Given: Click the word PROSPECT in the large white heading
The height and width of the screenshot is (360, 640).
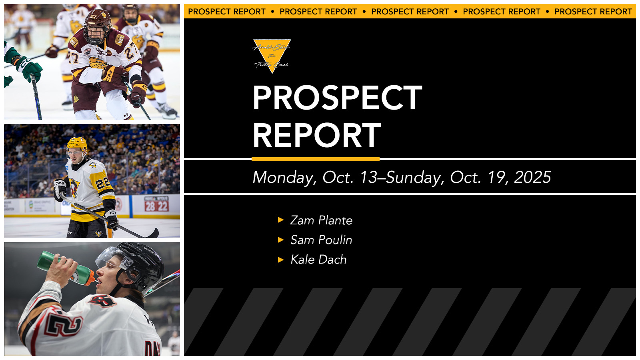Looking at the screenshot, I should click(337, 98).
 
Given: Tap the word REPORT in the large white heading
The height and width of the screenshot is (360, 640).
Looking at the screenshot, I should click(317, 135).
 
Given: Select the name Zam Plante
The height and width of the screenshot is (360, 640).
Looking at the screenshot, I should click(321, 220).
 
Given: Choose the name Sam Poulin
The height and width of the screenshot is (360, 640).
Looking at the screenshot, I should click(321, 240).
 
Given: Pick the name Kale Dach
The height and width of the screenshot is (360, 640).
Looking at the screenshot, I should click(318, 260).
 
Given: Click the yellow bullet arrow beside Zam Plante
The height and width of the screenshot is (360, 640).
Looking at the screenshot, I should click(281, 220).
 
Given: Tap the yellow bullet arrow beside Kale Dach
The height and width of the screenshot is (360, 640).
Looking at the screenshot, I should click(281, 260).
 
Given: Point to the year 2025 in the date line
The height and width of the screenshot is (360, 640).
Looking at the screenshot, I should click(532, 177).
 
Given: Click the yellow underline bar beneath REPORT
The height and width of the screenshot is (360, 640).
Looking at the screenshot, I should click(316, 159).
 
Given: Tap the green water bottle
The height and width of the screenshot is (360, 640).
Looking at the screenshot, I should click(66, 268).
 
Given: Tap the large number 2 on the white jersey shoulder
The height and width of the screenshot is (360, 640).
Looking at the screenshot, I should click(64, 324).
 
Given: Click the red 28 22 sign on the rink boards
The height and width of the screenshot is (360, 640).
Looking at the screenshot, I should click(156, 206).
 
